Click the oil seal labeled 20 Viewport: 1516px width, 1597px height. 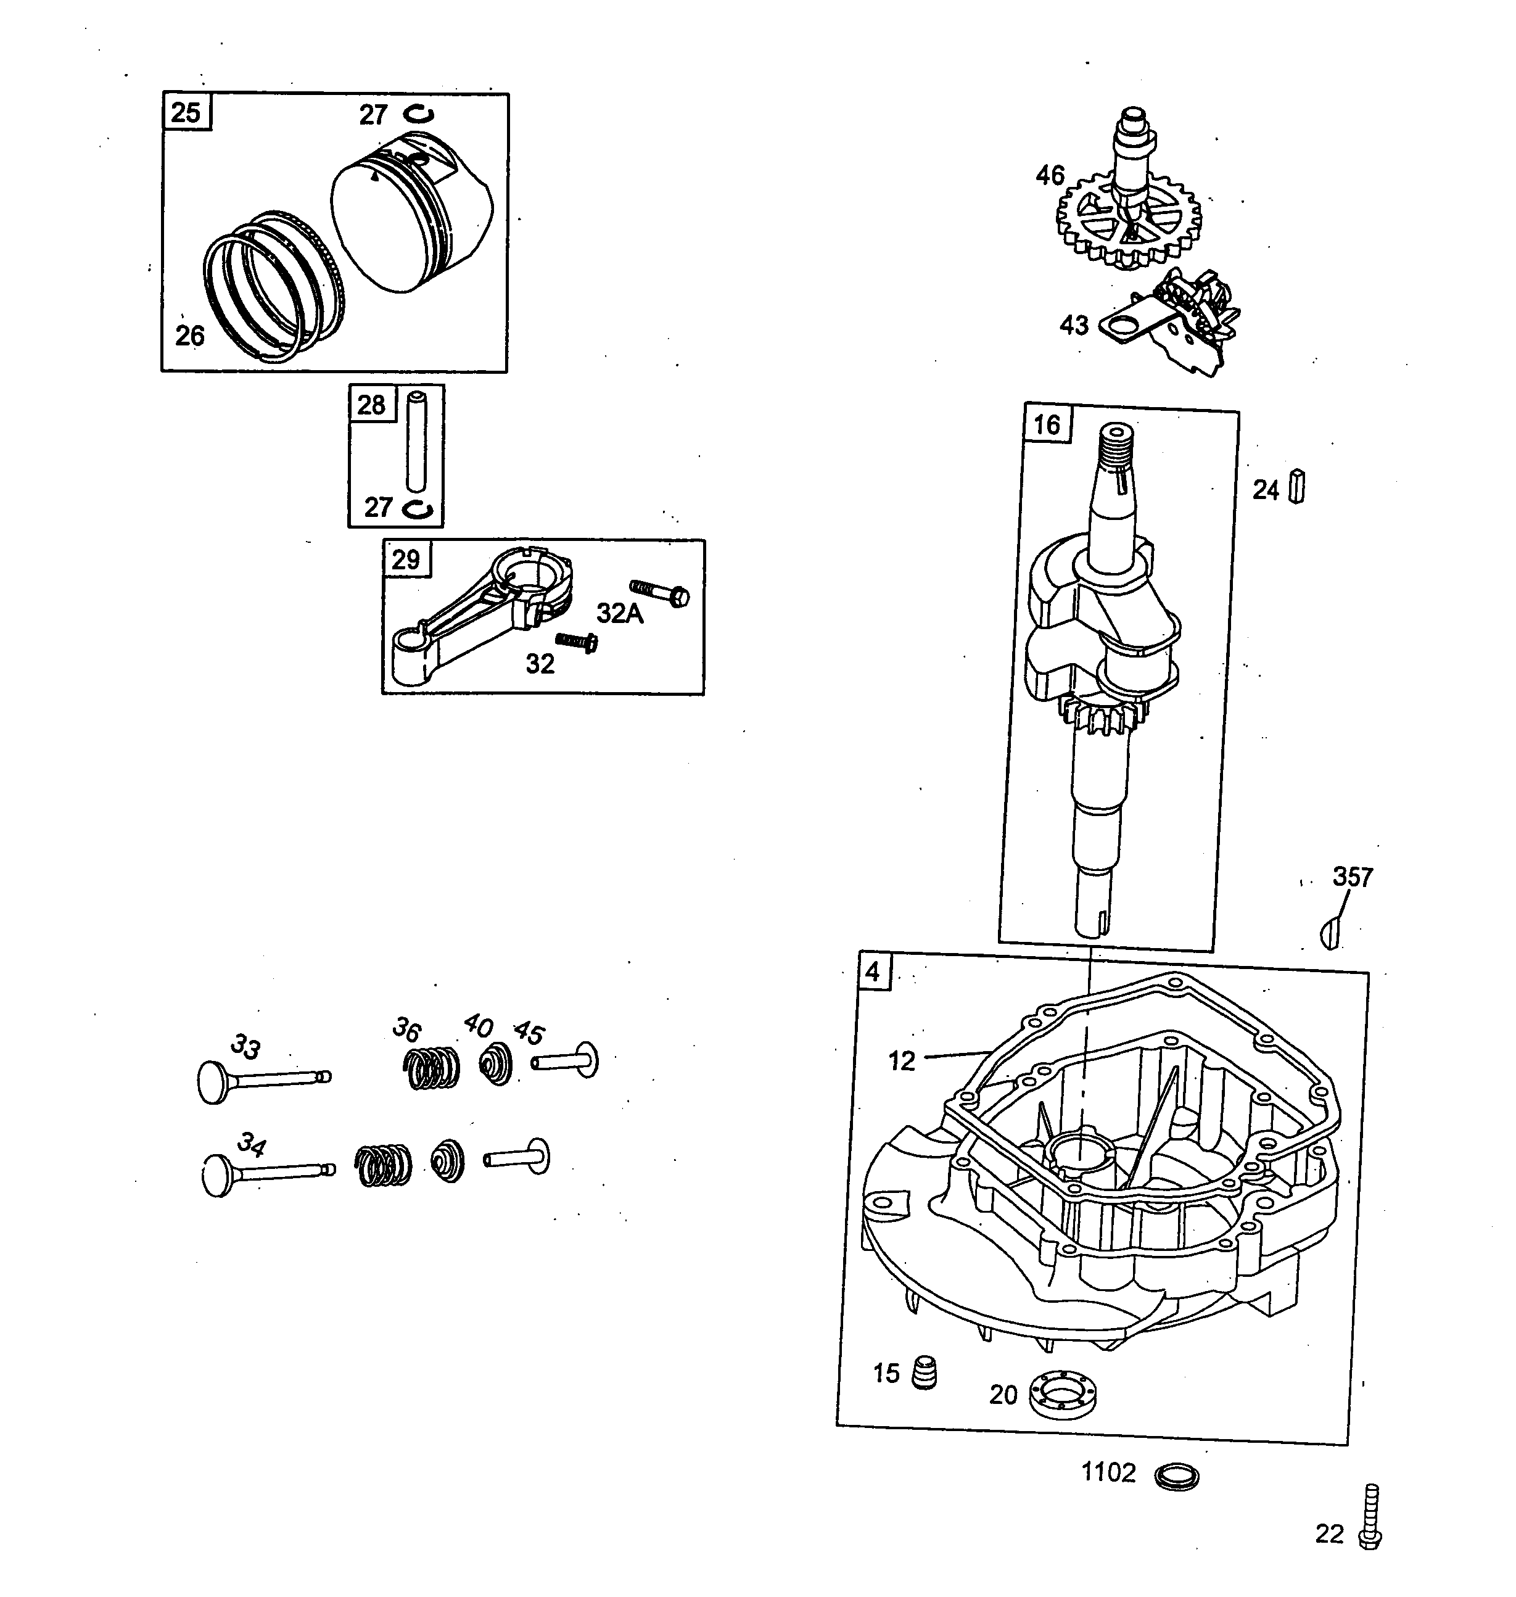point(1063,1393)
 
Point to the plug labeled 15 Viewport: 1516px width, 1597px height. point(924,1371)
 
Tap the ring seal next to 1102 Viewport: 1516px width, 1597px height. point(1177,1477)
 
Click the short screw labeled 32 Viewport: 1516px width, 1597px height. point(576,643)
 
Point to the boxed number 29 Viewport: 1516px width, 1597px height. point(406,559)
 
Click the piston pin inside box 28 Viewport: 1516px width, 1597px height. point(416,441)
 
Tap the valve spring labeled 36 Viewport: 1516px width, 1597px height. point(430,1068)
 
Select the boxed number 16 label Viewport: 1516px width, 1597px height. point(1047,425)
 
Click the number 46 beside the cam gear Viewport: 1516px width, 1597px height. point(1050,175)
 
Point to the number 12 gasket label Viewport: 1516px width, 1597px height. point(902,1060)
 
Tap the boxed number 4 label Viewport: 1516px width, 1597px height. point(873,972)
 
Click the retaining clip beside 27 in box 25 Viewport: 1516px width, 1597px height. point(419,115)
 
